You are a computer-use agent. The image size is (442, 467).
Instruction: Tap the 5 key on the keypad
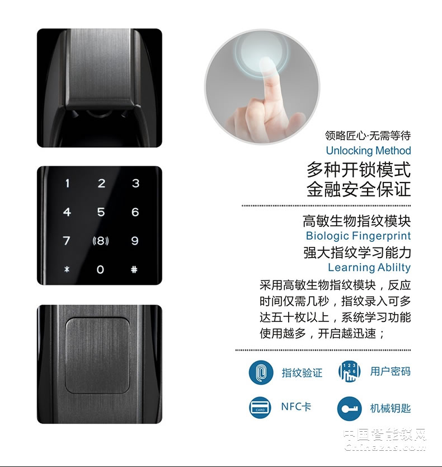[101, 212]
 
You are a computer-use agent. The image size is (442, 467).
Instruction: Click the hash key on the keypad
[134, 269]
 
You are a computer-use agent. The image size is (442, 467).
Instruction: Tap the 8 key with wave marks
[101, 241]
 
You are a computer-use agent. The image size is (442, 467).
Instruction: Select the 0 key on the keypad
[101, 269]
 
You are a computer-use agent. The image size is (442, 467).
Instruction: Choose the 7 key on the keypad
[67, 241]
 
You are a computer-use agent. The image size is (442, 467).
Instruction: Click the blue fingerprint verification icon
[261, 372]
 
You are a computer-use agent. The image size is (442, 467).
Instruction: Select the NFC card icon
[261, 407]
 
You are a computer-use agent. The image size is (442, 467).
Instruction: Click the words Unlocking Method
[368, 151]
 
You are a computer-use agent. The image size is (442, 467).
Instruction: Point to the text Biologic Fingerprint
[358, 236]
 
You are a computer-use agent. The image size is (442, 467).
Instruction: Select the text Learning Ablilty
[369, 268]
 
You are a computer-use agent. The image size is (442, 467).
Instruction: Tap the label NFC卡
[295, 407]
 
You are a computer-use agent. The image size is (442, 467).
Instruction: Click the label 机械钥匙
[390, 408]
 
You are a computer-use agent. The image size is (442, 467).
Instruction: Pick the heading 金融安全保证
[358, 189]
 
